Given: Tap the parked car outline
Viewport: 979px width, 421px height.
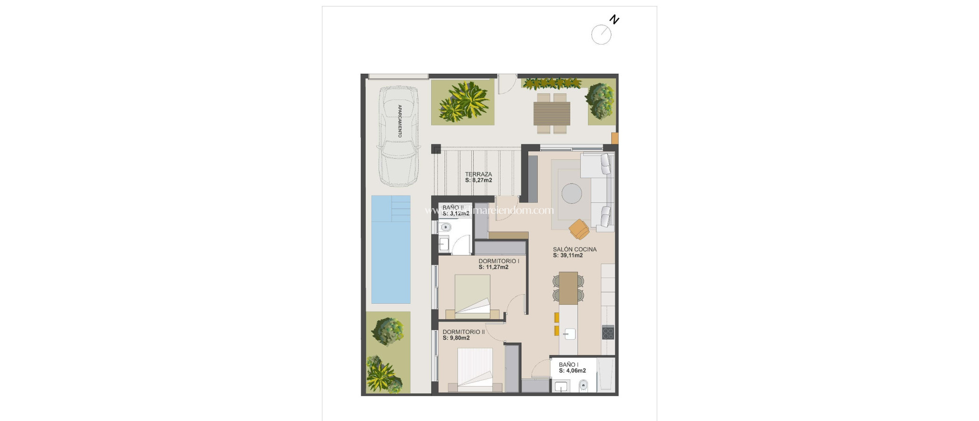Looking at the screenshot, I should tap(399, 136).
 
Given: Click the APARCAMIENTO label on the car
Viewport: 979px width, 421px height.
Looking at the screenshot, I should tap(400, 121).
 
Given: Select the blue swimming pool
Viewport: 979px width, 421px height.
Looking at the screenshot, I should tap(391, 249).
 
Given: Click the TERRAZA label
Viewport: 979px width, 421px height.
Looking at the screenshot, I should tap(478, 174).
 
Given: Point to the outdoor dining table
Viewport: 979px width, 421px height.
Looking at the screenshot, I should tap(552, 113).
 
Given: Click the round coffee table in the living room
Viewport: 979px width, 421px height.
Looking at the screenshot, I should tap(572, 194).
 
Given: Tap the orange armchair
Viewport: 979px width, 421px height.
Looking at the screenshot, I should tap(579, 229).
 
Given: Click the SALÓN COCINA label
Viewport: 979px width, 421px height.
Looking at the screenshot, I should tap(575, 249).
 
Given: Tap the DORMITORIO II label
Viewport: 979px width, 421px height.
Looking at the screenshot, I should tap(463, 332).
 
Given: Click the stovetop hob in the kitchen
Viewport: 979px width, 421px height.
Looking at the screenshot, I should tap(608, 332).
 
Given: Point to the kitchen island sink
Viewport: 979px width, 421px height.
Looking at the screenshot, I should tap(569, 333).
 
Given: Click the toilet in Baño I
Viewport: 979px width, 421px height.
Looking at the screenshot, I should tap(583, 385).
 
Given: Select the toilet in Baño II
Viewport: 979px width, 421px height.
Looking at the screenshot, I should tap(446, 227).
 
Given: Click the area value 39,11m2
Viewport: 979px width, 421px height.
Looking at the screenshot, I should tap(571, 255).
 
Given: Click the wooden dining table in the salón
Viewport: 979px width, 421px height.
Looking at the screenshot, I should tap(568, 288).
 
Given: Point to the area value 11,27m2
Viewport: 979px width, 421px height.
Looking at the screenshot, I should tap(496, 267).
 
